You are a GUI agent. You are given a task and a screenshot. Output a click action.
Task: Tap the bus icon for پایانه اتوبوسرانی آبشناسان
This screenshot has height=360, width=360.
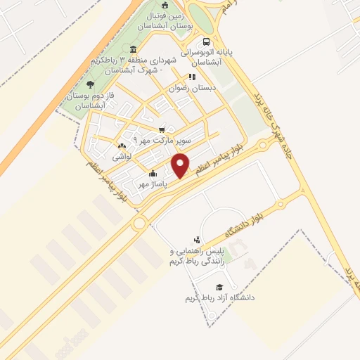pyautogui.click(x=205, y=41)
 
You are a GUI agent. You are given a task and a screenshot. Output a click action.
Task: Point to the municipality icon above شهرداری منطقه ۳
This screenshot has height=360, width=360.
pyautogui.click(x=133, y=48)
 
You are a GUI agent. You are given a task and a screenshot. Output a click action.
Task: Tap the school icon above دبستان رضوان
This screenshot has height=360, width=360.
pyautogui.click(x=191, y=77)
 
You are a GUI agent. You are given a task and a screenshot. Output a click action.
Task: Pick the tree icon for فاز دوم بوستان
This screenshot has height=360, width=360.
pyautogui.click(x=90, y=85)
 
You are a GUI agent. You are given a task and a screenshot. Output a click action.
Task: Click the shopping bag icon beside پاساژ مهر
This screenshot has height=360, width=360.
pyautogui.click(x=153, y=174)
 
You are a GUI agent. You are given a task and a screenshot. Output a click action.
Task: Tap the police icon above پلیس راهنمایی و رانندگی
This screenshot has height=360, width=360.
pyautogui.click(x=198, y=240)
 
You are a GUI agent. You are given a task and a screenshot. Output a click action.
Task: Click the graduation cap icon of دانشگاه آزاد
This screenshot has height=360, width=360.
pyautogui.click(x=219, y=287)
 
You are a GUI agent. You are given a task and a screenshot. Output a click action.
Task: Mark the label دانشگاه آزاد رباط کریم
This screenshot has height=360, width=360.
pyautogui.click(x=219, y=298)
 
